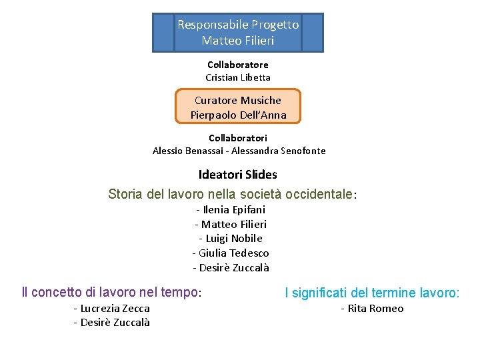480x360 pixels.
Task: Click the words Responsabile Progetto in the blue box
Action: [x=238, y=25]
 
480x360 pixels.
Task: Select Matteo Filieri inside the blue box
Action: [x=238, y=41]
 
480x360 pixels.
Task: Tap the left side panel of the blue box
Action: [x=163, y=33]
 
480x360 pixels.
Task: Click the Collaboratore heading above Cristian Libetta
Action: [x=238, y=65]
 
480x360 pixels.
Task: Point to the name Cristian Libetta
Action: [x=238, y=77]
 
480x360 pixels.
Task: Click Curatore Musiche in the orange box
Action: [x=238, y=100]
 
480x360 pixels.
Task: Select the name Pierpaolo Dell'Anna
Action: [x=238, y=115]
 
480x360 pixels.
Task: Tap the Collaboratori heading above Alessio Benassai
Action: [x=238, y=138]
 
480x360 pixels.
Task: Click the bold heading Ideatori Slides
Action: [x=238, y=175]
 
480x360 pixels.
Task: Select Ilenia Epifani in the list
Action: [x=233, y=209]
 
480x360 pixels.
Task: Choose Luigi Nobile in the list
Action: [x=233, y=239]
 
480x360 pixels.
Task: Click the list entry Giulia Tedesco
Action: [x=233, y=253]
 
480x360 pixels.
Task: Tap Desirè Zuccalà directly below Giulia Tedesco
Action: [x=233, y=268]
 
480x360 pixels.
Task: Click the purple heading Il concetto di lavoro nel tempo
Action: [x=111, y=292]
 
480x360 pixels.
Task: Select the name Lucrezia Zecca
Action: [x=113, y=308]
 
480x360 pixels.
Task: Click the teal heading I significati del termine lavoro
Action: [x=371, y=292]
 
